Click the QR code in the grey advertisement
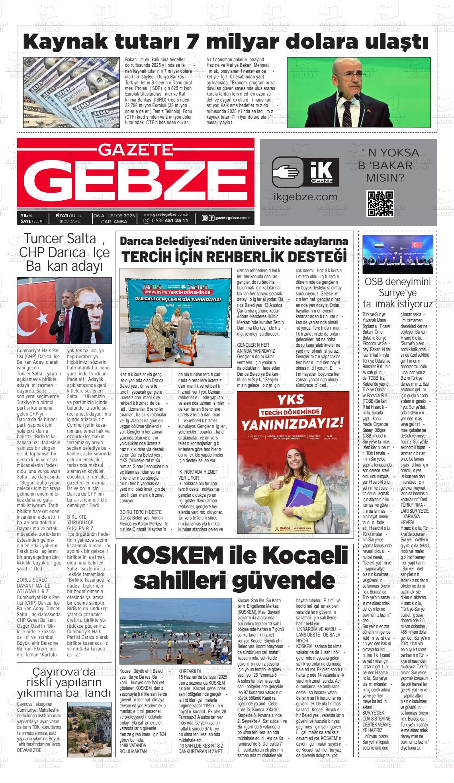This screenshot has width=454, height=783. point(380,203)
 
